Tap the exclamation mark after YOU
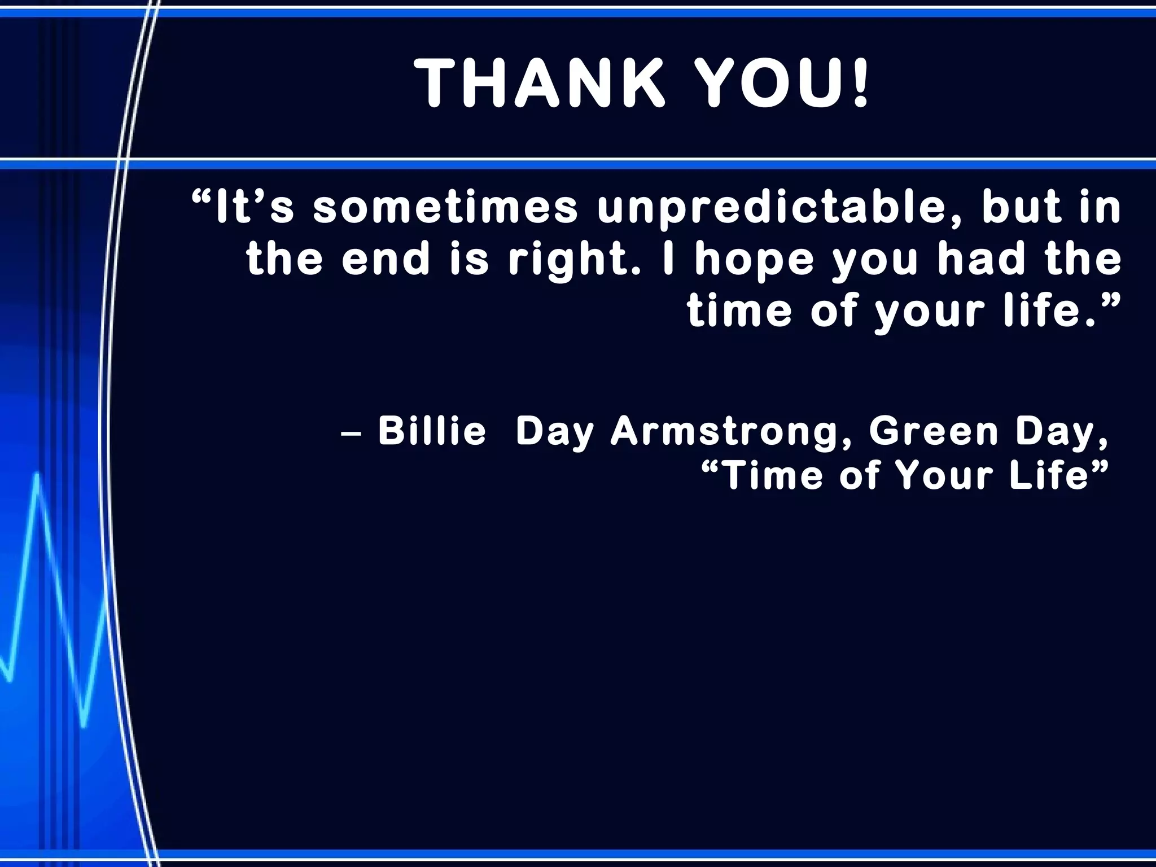coord(860,84)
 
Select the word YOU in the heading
coord(765,84)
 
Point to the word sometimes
coord(446,208)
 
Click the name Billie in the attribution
coord(432,431)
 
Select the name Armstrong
coord(732,432)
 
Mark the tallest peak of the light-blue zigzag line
coord(37,475)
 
